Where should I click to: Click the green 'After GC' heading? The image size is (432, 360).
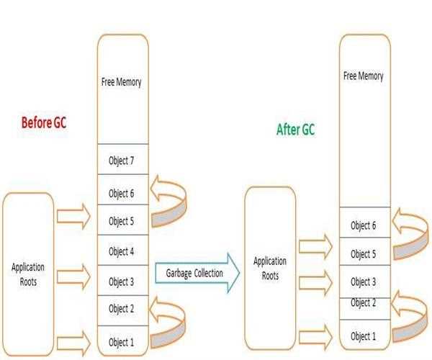(x=295, y=130)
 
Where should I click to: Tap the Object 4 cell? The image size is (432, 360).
(x=122, y=251)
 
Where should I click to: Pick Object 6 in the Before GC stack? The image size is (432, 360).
(x=122, y=192)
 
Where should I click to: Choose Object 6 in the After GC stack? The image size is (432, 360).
(x=364, y=225)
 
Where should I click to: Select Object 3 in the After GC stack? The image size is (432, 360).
(x=364, y=282)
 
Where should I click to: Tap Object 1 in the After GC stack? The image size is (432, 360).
(x=364, y=336)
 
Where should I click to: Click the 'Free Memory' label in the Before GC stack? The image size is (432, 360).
(x=122, y=82)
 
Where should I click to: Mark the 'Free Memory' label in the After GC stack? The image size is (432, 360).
(x=364, y=76)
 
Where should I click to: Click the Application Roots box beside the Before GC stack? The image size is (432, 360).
(x=28, y=274)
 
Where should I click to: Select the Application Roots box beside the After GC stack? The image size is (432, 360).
(x=270, y=267)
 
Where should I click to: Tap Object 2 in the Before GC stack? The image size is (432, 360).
(x=122, y=309)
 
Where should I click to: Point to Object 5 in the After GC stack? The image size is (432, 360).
(x=364, y=253)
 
